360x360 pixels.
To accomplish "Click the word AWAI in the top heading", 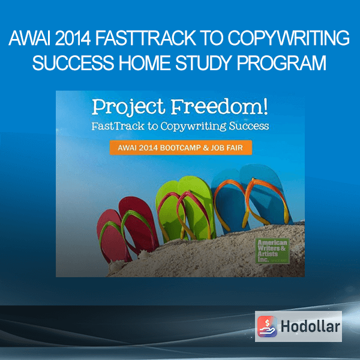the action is [x=30, y=38].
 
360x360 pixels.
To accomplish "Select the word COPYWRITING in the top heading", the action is [x=289, y=38].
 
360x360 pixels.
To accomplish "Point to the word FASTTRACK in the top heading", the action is [x=146, y=38].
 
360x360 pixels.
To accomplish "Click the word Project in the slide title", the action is [x=128, y=107].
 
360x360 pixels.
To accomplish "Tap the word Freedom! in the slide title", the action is [x=219, y=107].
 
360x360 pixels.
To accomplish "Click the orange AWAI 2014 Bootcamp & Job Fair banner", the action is [x=181, y=148].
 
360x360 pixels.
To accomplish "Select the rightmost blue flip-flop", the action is [x=264, y=195].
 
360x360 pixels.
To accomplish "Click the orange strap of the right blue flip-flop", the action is [x=266, y=202].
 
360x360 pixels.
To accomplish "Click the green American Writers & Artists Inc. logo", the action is [x=272, y=251].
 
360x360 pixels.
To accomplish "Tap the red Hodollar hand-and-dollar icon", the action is [x=267, y=326].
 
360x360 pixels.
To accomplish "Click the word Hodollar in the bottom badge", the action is [x=310, y=326].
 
